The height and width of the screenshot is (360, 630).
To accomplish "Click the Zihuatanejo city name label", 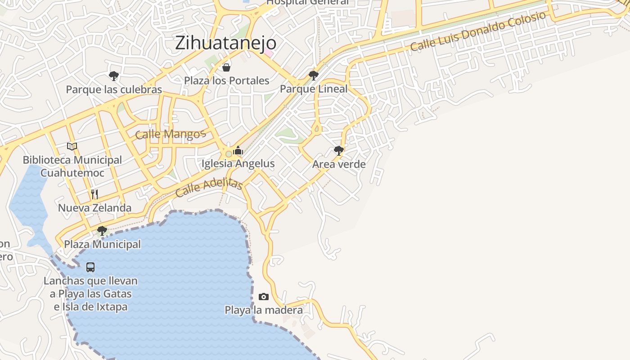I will coord(225,43).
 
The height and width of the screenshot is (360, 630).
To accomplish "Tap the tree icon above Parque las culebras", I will coord(114,76).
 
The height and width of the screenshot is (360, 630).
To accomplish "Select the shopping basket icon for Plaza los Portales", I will coord(226,67).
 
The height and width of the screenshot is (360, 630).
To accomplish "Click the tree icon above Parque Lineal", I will coord(314,75).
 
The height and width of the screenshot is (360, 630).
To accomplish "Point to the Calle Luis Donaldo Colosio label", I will coord(478,31).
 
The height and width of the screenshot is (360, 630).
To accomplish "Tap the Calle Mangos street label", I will coord(170,134).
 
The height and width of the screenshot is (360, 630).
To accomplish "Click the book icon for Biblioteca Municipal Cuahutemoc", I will coord(72,146).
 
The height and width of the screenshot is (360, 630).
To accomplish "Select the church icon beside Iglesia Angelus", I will coord(238,151).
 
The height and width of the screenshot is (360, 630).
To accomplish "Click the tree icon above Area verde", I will coord(339,150).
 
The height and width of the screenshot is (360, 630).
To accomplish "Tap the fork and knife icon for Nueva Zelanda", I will coord(94,194).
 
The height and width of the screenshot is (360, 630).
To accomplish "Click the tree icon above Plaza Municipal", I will coord(102,231).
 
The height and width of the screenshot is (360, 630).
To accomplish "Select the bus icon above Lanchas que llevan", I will coord(90,267).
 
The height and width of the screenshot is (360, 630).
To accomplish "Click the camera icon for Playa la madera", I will coord(264,297).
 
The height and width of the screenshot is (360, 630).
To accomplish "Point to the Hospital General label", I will coord(307,2).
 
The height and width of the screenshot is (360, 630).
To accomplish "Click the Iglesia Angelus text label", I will coord(238,163).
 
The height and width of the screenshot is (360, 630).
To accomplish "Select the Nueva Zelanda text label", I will coord(94,207).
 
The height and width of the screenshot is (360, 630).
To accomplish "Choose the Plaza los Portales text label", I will coord(227,81).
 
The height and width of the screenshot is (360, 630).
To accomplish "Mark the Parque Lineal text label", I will coord(314,89).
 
